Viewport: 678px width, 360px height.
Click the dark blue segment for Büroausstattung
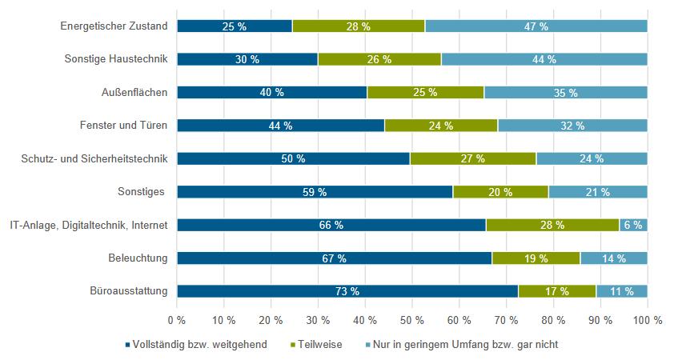click(x=347, y=291)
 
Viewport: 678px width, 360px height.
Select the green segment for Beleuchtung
click(x=536, y=258)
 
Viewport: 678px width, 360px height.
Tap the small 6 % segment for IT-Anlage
click(x=632, y=226)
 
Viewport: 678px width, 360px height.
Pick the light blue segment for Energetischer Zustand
click(x=536, y=26)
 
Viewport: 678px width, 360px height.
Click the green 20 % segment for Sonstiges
click(x=500, y=192)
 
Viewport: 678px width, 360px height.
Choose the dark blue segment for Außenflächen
click(x=271, y=93)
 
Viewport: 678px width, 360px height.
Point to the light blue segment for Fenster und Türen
click(x=572, y=126)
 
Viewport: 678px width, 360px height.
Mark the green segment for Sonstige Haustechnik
click(x=379, y=59)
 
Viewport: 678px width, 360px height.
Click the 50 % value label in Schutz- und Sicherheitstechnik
click(x=293, y=159)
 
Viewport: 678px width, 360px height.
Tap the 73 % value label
click(x=347, y=291)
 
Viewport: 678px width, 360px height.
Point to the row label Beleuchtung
click(x=138, y=258)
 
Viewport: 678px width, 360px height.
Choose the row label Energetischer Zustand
click(x=114, y=26)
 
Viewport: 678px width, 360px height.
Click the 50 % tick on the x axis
click(x=411, y=320)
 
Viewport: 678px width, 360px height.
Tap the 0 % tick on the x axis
click(x=176, y=320)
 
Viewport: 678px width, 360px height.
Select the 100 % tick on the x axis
click(x=647, y=320)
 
